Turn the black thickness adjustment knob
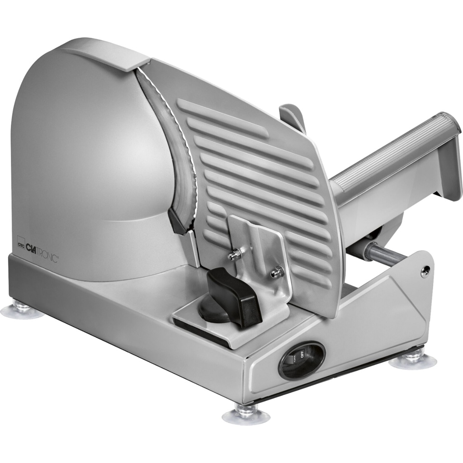coord(233,296)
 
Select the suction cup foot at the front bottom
coord(246,414)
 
